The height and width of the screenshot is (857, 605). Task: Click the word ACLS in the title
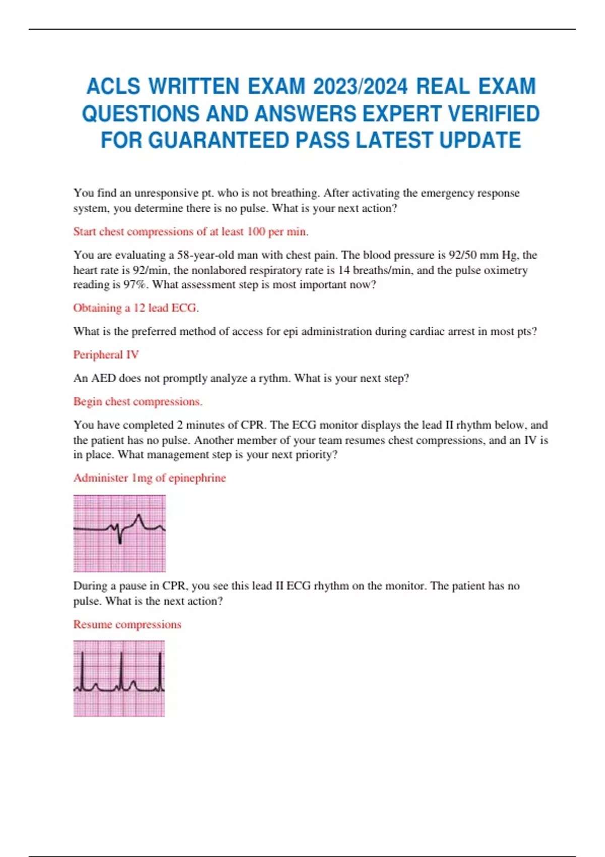(113, 87)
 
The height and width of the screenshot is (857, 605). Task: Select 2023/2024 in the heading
(360, 87)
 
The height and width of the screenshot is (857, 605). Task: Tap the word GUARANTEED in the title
(219, 140)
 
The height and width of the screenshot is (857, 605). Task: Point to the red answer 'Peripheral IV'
(106, 355)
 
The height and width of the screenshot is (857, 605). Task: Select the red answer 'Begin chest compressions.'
(138, 402)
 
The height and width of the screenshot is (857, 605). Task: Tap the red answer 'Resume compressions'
(127, 625)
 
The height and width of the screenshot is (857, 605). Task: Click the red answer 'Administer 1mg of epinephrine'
(149, 478)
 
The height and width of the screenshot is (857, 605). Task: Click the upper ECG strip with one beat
(119, 533)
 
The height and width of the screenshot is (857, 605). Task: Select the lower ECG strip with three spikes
(119, 679)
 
